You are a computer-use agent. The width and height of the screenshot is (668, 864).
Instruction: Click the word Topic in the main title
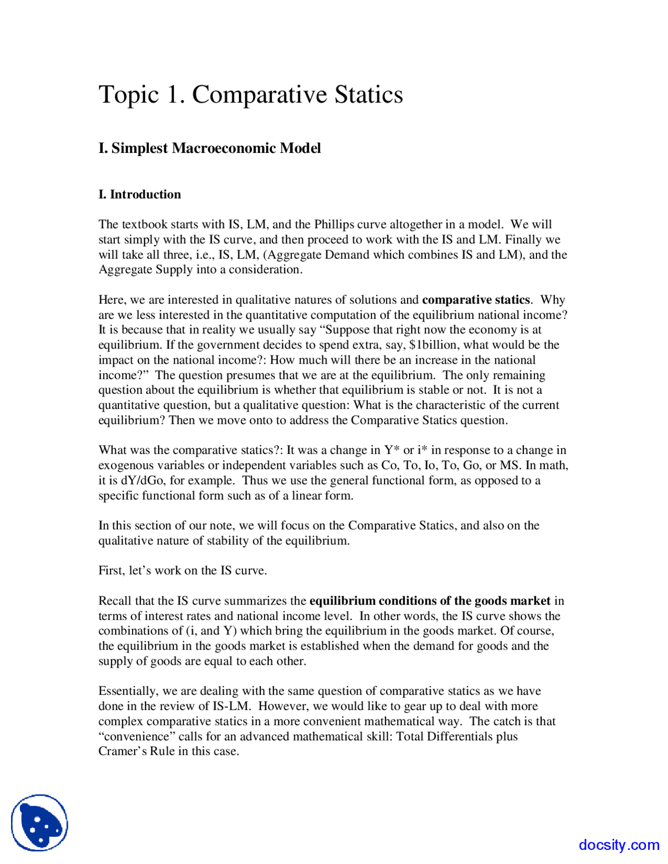coord(128,95)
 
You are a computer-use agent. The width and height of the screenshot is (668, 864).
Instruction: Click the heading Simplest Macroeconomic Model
coord(216,148)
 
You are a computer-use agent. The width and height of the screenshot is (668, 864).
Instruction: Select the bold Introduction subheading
coord(145,195)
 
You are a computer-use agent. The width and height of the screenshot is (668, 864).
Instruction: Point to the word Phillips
coord(334,224)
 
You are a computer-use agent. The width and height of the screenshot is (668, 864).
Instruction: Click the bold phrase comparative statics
coord(475,300)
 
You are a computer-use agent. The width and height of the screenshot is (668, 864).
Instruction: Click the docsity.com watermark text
coord(619,845)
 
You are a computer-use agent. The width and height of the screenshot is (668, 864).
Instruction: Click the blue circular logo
coord(40,823)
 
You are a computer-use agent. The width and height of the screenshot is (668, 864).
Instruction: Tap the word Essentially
coord(128,691)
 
